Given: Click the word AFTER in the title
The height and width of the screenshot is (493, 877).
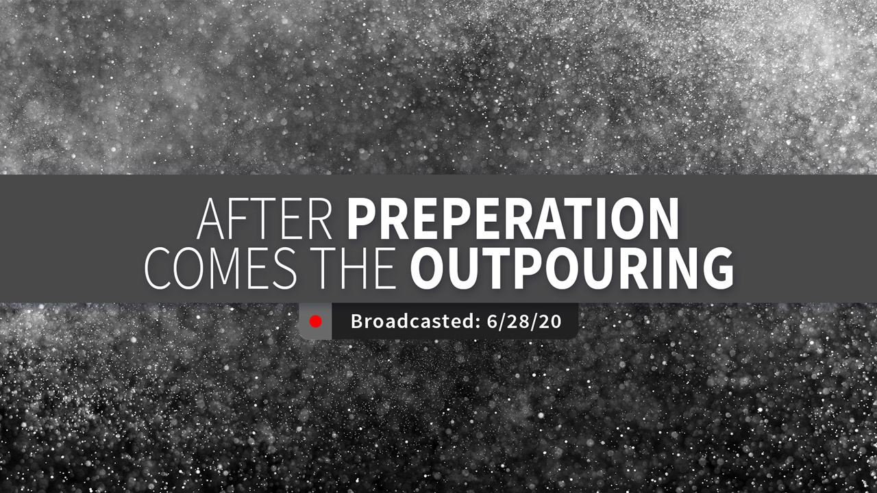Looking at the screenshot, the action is [264, 218].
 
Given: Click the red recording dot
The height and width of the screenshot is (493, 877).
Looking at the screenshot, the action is [316, 322].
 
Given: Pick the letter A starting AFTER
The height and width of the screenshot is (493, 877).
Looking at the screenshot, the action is [210, 219].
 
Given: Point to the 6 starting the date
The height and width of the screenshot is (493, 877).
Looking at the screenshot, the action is [493, 321].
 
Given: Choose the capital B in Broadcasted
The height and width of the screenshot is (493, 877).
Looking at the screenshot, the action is [357, 321].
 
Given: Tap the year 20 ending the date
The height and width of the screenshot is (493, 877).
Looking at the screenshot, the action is [551, 321].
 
